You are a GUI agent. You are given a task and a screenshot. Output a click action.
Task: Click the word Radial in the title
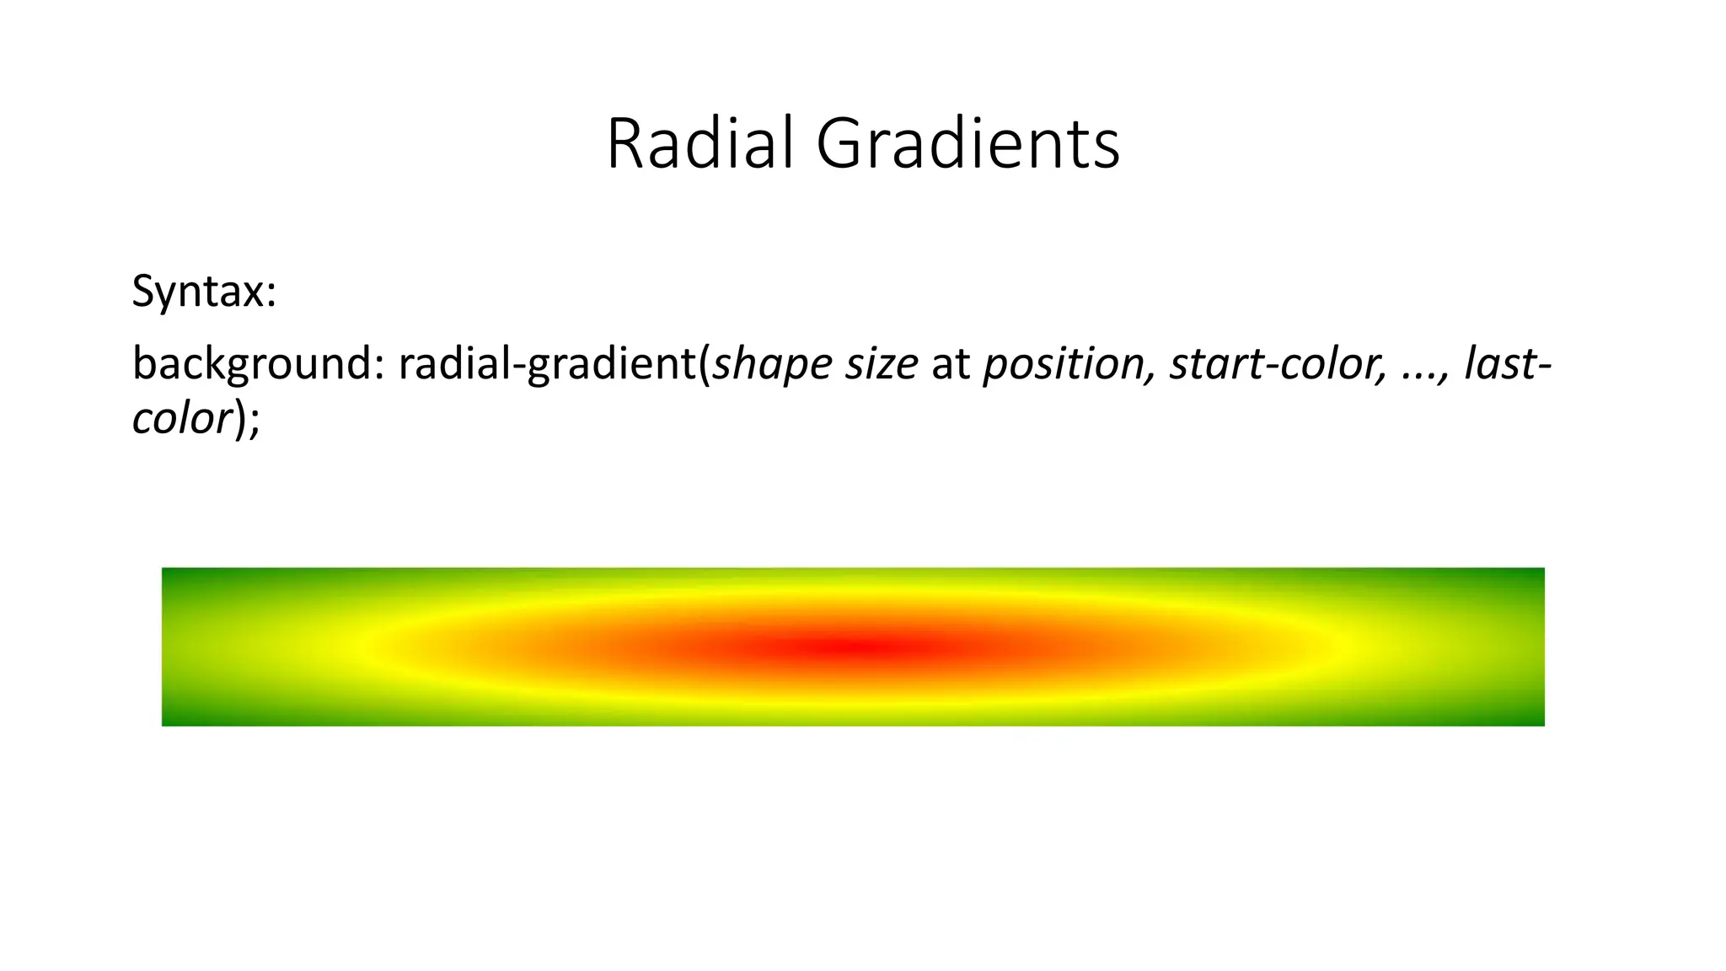pyautogui.click(x=700, y=144)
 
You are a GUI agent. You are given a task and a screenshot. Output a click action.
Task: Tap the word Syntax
pyautogui.click(x=198, y=292)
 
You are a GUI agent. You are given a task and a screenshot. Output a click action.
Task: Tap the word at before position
pyautogui.click(x=951, y=364)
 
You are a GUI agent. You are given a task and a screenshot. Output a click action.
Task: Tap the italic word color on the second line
pyautogui.click(x=182, y=418)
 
